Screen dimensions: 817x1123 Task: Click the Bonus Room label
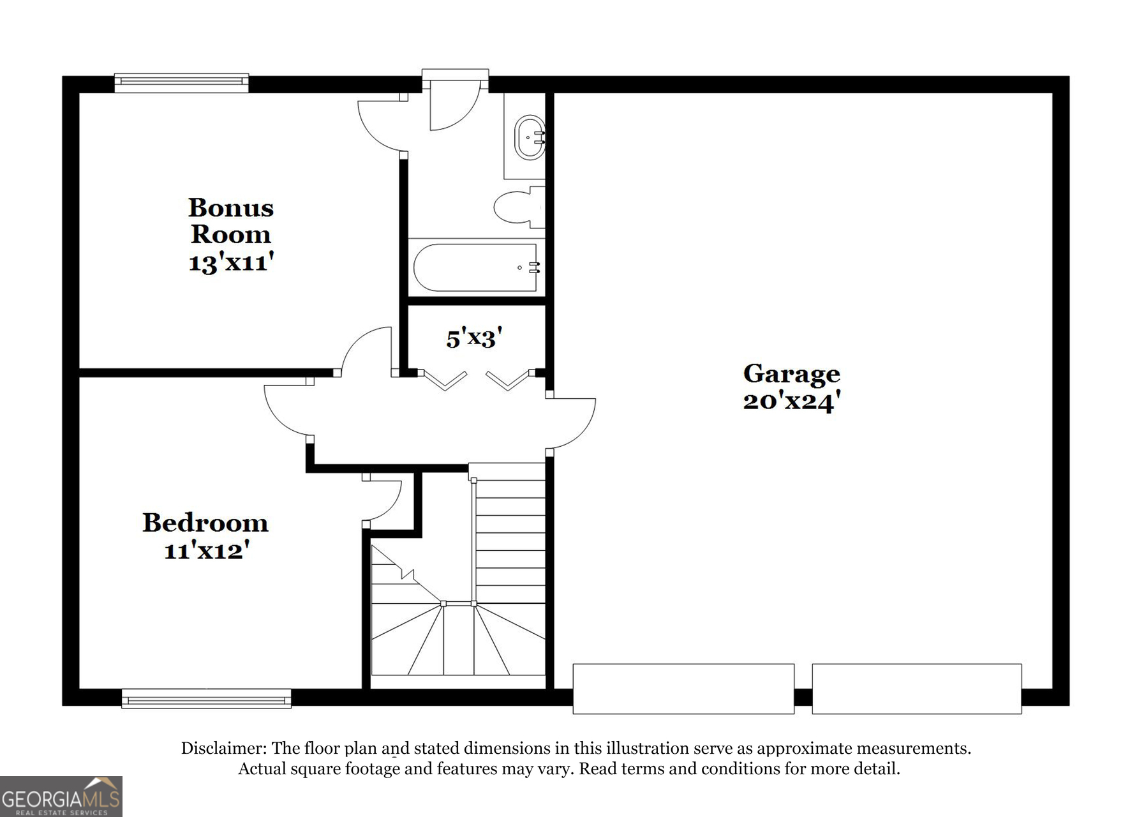pyautogui.click(x=230, y=221)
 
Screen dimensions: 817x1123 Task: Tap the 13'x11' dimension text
pyautogui.click(x=231, y=262)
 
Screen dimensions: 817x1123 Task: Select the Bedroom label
pyautogui.click(x=205, y=523)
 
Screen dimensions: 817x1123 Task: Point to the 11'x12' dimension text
pyautogui.click(x=205, y=550)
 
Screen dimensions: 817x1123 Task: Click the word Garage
pyautogui.click(x=791, y=374)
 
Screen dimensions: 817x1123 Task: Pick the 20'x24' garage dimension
pyautogui.click(x=791, y=401)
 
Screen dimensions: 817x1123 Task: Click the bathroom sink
pyautogui.click(x=529, y=137)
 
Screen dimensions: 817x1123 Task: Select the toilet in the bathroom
pyautogui.click(x=517, y=207)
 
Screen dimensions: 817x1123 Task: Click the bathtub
pyautogui.click(x=475, y=267)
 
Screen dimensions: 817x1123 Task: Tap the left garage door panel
pyautogui.click(x=683, y=688)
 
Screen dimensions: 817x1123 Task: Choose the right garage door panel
pyautogui.click(x=916, y=688)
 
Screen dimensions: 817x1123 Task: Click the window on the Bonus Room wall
pyautogui.click(x=181, y=83)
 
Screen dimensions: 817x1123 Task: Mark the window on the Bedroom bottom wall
pyautogui.click(x=206, y=698)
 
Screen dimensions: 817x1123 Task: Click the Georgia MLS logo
pyautogui.click(x=61, y=797)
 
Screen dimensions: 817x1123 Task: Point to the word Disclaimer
pyautogui.click(x=223, y=748)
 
